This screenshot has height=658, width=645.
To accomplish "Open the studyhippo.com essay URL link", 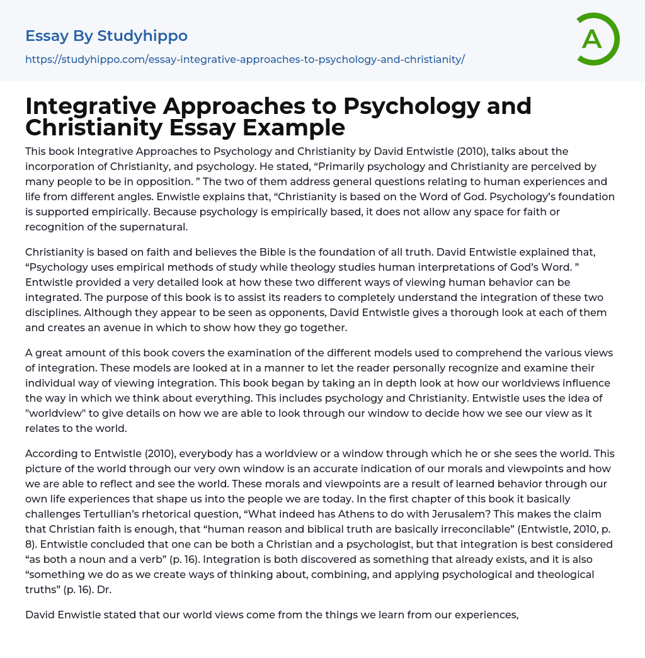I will (244, 60).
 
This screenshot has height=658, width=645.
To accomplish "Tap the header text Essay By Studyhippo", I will (106, 36).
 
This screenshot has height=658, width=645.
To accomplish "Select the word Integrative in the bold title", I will (87, 106).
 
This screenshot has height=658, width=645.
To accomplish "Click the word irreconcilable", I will (422, 529).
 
